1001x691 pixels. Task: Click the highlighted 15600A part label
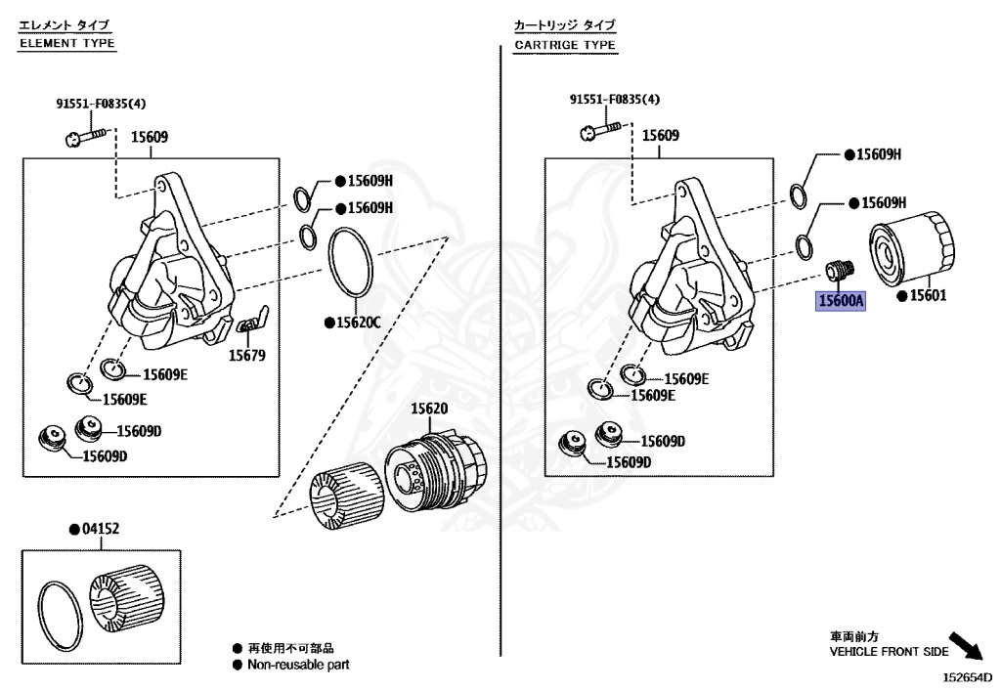click(841, 301)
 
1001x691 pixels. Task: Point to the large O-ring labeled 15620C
click(350, 261)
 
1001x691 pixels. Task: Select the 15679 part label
click(247, 356)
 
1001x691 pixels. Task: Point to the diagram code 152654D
click(966, 676)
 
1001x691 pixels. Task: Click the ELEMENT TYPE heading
click(67, 43)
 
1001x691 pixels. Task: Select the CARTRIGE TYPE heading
click(565, 45)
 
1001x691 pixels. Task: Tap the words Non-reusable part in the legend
click(297, 664)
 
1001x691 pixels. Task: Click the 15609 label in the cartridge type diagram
click(660, 137)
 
